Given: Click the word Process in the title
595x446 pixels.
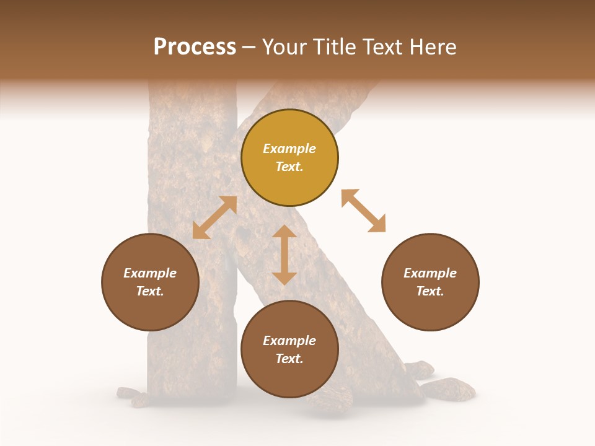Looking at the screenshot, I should [x=195, y=47].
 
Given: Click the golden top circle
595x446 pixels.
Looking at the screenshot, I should [x=289, y=157].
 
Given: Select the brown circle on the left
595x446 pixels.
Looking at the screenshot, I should [x=150, y=282].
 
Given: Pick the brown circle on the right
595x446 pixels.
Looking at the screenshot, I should [x=430, y=282].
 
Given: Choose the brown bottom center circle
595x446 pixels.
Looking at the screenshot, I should [x=289, y=349].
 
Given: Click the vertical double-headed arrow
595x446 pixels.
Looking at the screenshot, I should [x=284, y=255].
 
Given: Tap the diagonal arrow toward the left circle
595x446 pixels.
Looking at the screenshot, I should [x=214, y=217].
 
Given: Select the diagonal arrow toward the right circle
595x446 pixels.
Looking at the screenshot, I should [x=364, y=211].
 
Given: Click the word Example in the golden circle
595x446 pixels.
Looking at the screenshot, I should [x=289, y=149].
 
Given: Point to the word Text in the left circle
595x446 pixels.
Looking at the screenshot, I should [x=150, y=291].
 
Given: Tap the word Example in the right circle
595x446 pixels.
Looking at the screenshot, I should [x=430, y=273].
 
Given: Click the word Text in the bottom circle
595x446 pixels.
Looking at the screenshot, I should [x=289, y=359].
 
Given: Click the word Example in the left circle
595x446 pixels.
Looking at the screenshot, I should [x=150, y=273].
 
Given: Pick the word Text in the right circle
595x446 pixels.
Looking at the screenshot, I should [x=430, y=291].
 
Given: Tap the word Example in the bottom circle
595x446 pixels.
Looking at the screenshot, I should [x=289, y=341].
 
